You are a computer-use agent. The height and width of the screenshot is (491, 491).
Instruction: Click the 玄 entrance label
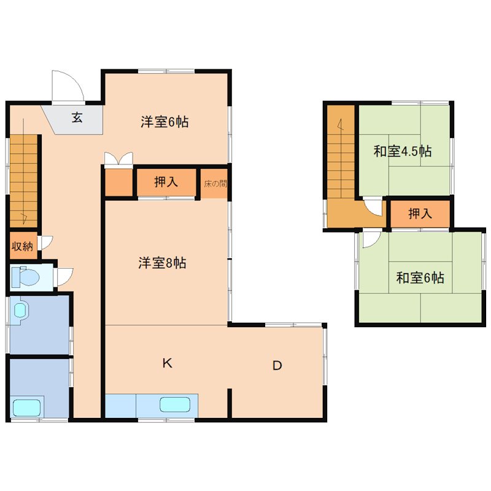(77, 118)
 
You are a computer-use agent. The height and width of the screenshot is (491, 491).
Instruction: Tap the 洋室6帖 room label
(164, 122)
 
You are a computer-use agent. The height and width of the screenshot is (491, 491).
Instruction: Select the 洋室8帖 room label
(162, 263)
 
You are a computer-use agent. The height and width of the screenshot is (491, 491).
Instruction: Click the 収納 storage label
(23, 247)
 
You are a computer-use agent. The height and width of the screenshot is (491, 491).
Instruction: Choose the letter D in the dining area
(277, 366)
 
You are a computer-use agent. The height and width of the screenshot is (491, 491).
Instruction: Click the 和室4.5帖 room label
(403, 151)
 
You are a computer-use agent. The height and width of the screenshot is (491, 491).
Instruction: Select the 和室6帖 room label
(420, 278)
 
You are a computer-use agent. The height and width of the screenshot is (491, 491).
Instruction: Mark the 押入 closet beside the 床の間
(166, 182)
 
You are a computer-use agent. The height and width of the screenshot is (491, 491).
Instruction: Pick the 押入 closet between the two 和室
(420, 214)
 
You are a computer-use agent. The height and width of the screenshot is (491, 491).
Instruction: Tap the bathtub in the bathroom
(27, 407)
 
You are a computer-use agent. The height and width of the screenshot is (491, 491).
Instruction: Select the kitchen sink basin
(175, 404)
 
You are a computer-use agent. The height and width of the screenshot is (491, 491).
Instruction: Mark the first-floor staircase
(24, 181)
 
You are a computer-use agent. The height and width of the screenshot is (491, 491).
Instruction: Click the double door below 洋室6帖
(118, 160)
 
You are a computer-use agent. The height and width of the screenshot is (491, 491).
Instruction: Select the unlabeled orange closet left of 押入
(118, 182)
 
